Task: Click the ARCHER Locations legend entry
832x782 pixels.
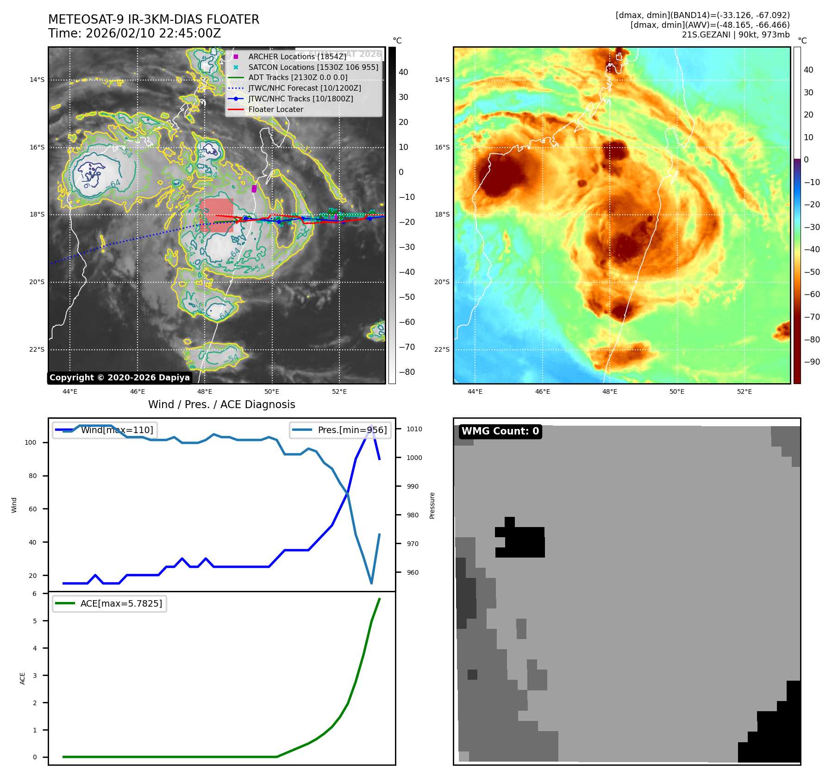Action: (297, 56)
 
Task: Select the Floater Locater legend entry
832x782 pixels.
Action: (275, 110)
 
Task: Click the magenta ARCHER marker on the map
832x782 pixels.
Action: (254, 188)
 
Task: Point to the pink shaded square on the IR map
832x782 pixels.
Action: (217, 215)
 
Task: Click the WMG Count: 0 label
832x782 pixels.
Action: (500, 431)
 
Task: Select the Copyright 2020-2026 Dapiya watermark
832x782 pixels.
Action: (119, 378)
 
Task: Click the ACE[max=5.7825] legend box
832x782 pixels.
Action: (110, 603)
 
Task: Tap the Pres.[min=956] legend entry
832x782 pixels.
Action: (341, 430)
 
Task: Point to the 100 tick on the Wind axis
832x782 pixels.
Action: (31, 442)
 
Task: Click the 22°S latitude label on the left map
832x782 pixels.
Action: (37, 349)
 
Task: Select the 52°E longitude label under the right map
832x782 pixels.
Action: (744, 391)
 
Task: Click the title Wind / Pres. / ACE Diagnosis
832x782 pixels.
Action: (221, 404)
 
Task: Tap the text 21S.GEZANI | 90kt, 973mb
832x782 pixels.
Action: (735, 35)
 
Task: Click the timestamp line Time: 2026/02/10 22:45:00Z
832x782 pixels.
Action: (134, 33)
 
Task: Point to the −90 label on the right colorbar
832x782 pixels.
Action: (812, 362)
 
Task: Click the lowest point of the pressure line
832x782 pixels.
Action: (371, 583)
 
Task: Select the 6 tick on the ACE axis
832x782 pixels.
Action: (35, 594)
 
